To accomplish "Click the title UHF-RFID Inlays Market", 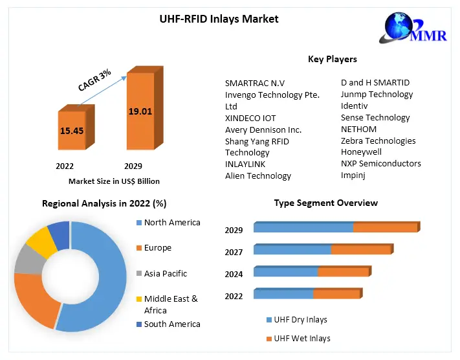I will [x=219, y=19].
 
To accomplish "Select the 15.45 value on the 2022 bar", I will [x=71, y=131].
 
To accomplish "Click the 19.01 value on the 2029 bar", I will [x=140, y=111].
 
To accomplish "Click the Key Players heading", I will [x=332, y=59].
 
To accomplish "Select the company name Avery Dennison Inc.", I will [x=263, y=129].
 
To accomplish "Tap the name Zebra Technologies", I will [x=378, y=141].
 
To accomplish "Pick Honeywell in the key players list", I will [x=361, y=152].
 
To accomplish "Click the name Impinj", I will [x=354, y=175].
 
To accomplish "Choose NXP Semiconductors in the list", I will [x=380, y=164].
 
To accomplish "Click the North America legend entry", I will [x=171, y=223].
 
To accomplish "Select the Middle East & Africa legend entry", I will [x=170, y=304].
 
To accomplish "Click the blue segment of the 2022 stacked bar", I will [x=283, y=295].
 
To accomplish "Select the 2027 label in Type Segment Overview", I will [x=234, y=253].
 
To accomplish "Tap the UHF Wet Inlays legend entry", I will [x=301, y=339].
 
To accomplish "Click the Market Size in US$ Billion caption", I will [x=114, y=181].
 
